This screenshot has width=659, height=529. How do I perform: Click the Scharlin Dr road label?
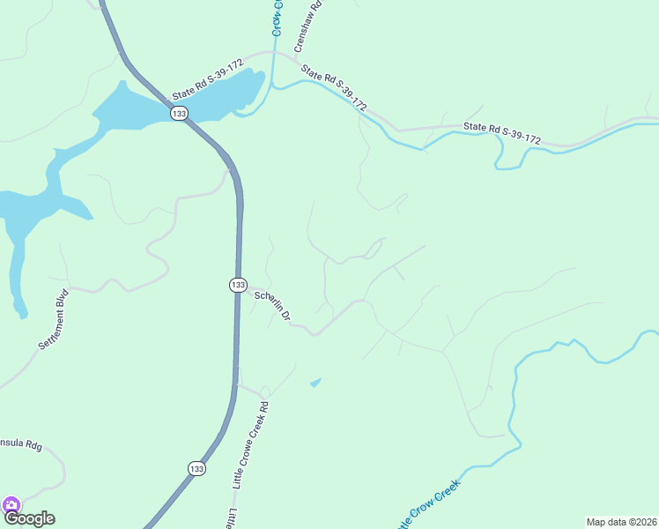click(x=271, y=306)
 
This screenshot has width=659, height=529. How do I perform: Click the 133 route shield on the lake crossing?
click(x=180, y=114)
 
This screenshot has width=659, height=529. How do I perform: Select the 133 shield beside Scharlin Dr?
click(x=238, y=285)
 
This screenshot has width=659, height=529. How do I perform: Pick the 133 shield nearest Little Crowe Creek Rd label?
click(x=196, y=469)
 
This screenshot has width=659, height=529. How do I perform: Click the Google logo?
click(x=29, y=518)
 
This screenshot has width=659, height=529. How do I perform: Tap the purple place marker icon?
click(x=11, y=505)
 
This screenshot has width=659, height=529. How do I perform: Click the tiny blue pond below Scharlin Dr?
click(x=315, y=382)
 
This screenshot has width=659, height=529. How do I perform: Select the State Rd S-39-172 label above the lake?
click(x=208, y=79)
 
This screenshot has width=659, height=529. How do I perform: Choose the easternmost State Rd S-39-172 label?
click(x=502, y=133)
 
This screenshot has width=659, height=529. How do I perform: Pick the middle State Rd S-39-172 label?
click(x=334, y=88)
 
